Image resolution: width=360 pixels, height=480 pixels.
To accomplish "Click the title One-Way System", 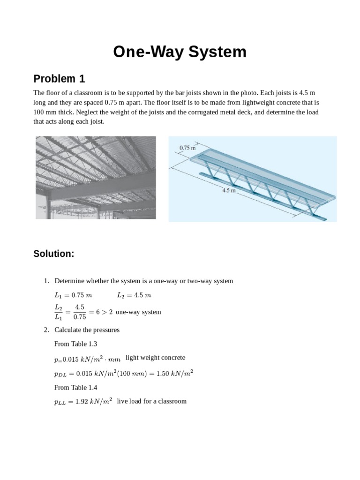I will coord(180,52).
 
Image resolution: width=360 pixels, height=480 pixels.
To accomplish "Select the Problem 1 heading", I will coord(59,79).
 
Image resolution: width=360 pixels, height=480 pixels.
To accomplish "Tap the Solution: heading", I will coord(54,254).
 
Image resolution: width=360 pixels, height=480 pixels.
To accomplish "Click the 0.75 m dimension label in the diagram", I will coord(187,148).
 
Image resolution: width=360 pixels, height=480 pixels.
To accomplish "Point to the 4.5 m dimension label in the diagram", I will coord(229,191).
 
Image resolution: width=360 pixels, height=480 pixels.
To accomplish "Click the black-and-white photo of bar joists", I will coord(96,178).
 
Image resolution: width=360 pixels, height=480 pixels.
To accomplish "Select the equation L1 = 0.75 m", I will coord(73,295).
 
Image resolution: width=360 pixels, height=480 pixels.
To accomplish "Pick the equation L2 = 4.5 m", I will coord(134,295).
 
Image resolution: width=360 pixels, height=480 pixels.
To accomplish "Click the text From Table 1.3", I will coord(75,344).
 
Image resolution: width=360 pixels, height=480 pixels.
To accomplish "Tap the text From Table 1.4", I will coord(75,388).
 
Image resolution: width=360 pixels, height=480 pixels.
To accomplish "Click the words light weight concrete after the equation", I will coord(155,358).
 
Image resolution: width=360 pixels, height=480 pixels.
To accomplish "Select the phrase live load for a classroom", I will coord(151,401).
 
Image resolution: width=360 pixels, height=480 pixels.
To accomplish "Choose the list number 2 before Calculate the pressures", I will coord(46,330).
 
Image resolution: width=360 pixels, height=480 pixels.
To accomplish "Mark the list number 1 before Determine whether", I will coord(46,281).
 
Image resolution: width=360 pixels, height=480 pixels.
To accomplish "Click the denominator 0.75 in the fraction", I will coord(80,317).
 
